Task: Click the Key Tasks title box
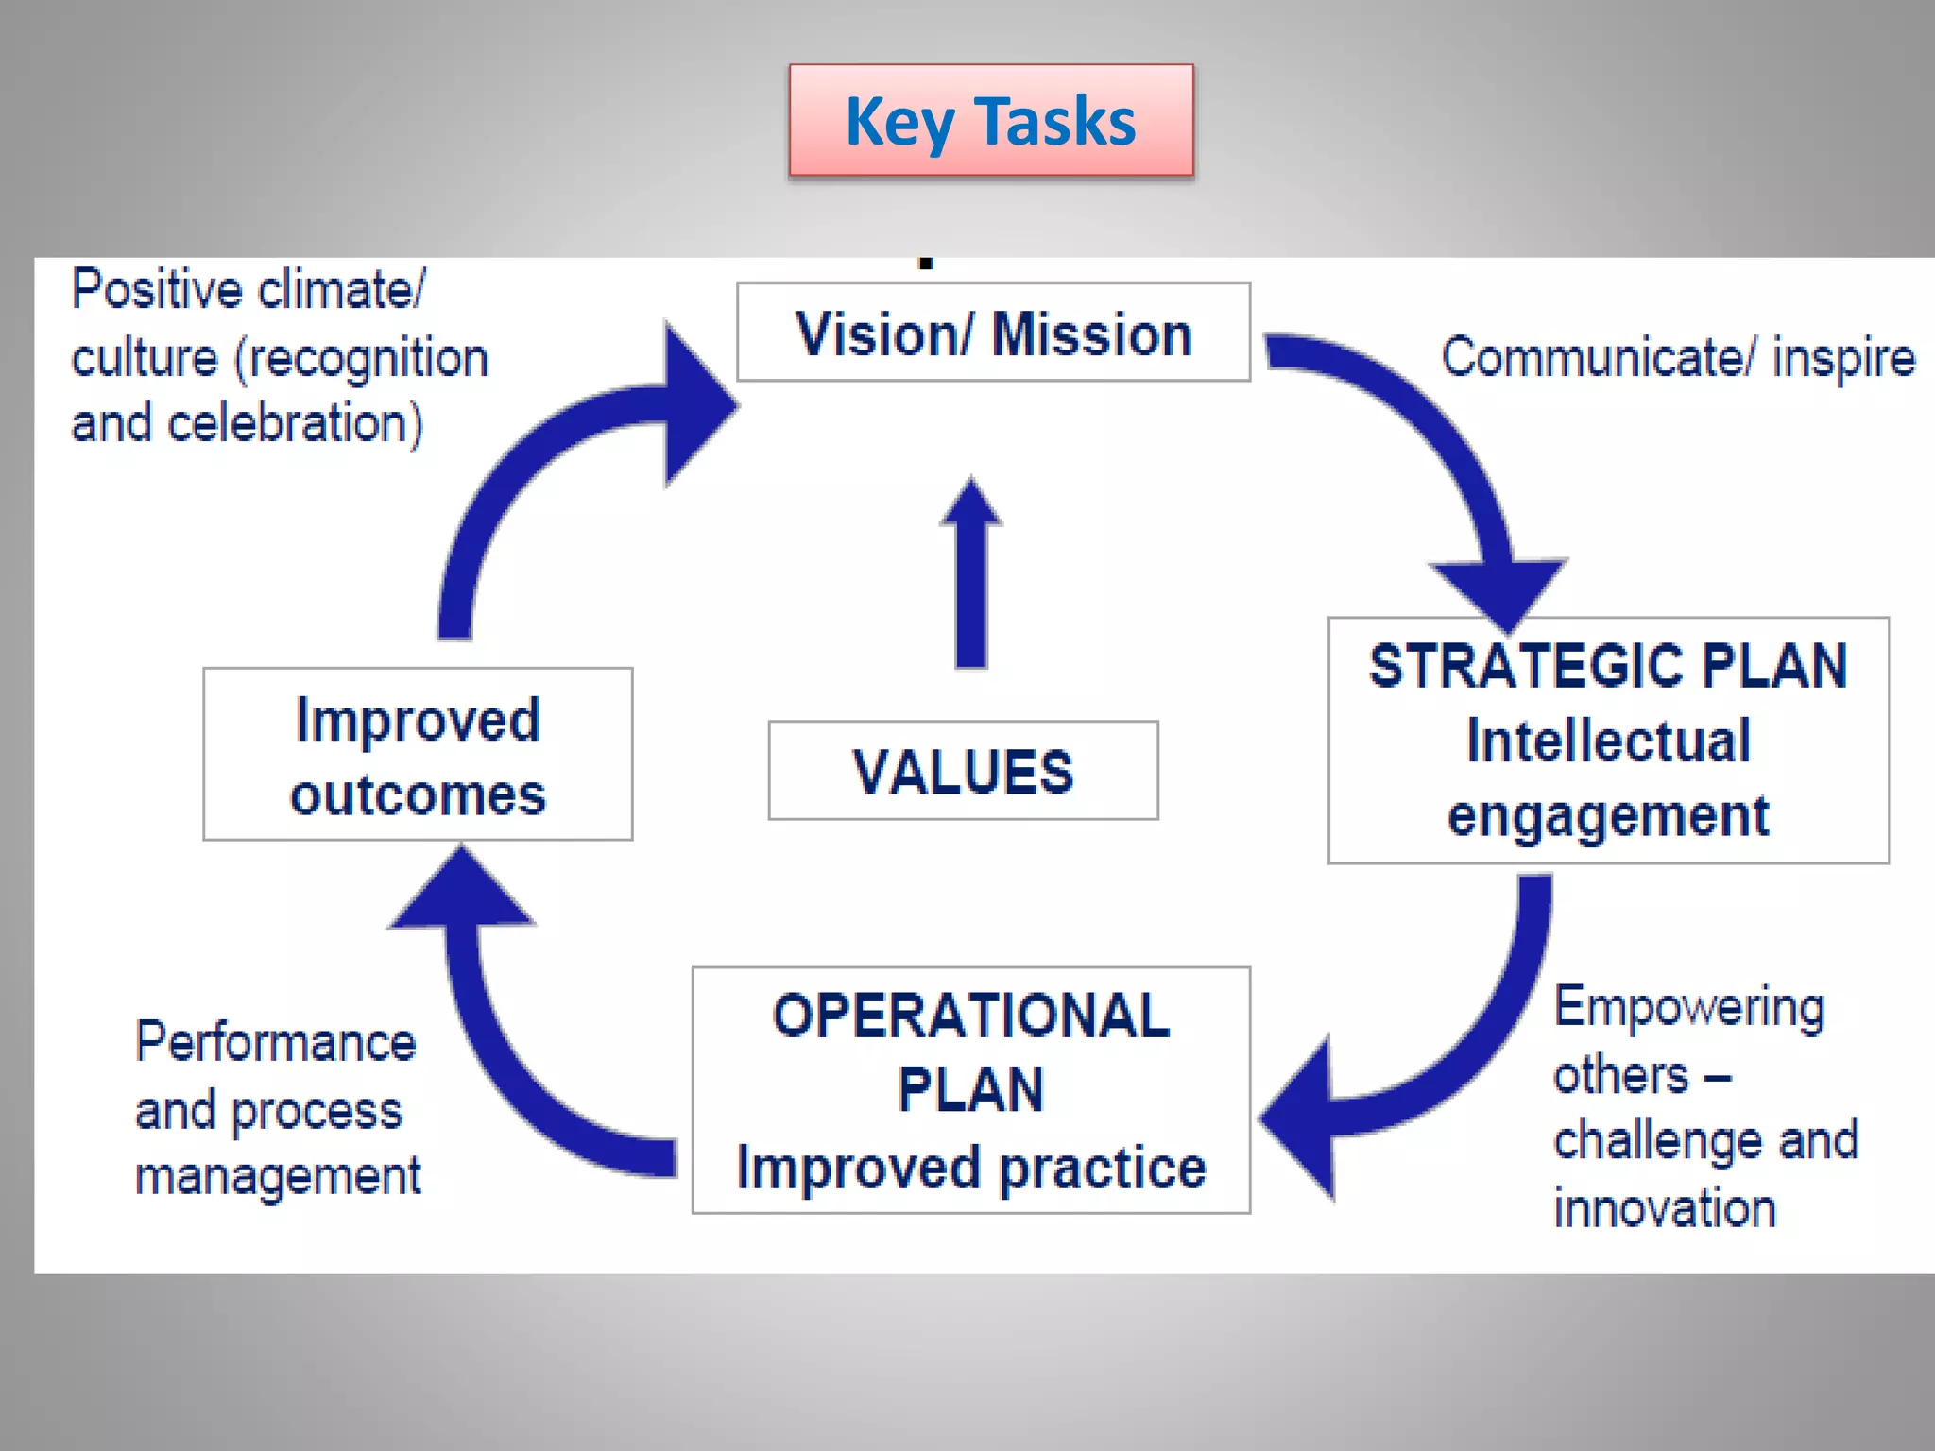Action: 991,121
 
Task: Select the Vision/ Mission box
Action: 993,333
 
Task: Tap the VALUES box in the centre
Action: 963,771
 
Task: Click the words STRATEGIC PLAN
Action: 1608,667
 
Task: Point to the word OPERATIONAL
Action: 971,1016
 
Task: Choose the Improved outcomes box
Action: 418,755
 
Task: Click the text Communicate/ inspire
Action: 1678,358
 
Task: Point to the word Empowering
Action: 1688,1007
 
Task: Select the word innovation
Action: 1665,1209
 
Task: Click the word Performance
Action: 275,1042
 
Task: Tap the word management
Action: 278,1177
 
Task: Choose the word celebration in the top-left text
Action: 295,423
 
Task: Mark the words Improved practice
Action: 971,1168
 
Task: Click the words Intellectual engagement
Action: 1608,777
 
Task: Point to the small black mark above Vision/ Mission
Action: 926,264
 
